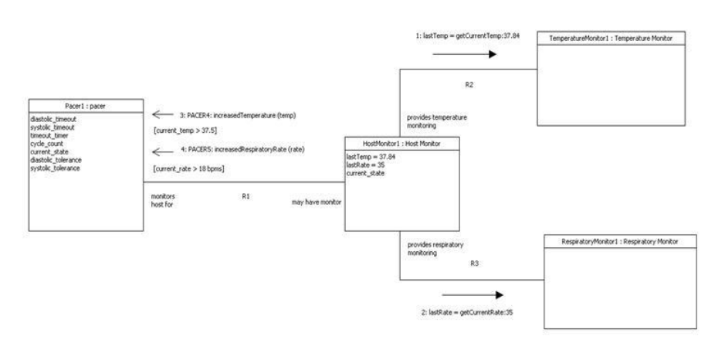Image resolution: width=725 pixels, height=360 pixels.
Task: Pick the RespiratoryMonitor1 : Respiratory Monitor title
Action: pos(621,242)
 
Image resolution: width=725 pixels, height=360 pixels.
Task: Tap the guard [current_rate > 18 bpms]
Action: pos(190,168)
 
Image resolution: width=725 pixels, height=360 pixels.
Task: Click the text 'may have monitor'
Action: pos(316,202)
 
